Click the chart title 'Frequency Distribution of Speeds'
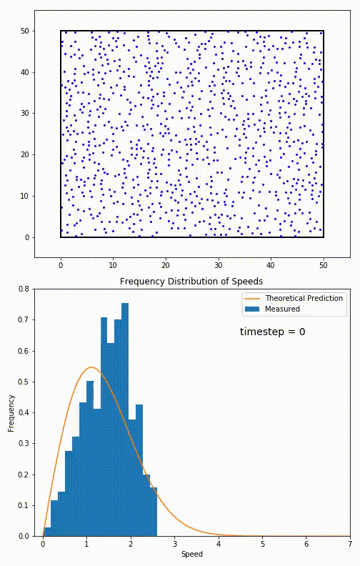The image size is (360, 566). pyautogui.click(x=191, y=281)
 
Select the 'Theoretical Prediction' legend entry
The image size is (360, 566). pyautogui.click(x=304, y=298)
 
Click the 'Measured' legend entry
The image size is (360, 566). pyautogui.click(x=282, y=309)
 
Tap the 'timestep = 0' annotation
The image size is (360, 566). pyautogui.click(x=272, y=332)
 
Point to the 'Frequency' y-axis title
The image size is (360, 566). pyautogui.click(x=11, y=413)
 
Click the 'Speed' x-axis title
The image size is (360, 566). pyautogui.click(x=191, y=555)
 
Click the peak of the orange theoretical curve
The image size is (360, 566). pyautogui.click(x=91, y=367)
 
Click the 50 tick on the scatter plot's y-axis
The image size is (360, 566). pyautogui.click(x=24, y=31)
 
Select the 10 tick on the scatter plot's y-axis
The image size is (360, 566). pyautogui.click(x=24, y=196)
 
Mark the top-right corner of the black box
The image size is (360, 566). pyautogui.click(x=324, y=31)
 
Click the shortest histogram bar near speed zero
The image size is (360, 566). pyautogui.click(x=47, y=532)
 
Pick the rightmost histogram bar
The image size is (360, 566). pyautogui.click(x=153, y=512)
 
